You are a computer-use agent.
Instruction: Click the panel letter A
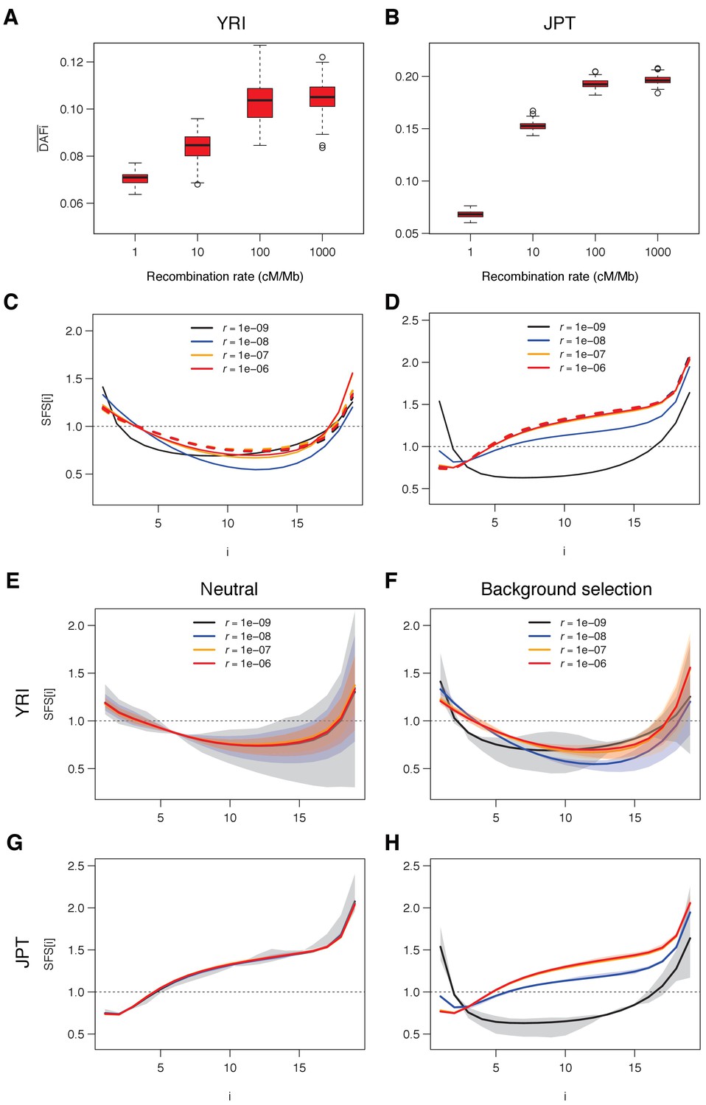(x=11, y=17)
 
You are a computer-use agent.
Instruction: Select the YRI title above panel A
(x=231, y=24)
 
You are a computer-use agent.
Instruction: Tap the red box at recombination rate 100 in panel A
(x=259, y=103)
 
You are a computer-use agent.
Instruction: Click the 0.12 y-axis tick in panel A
(x=71, y=62)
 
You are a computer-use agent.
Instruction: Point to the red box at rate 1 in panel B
(x=470, y=214)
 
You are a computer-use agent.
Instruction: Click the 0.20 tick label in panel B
(x=406, y=77)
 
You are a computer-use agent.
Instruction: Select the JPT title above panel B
(x=559, y=24)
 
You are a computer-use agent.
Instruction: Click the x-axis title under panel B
(x=559, y=276)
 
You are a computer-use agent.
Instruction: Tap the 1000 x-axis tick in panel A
(x=322, y=252)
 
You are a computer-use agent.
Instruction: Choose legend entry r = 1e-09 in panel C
(x=245, y=328)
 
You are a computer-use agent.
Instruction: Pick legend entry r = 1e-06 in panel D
(x=582, y=368)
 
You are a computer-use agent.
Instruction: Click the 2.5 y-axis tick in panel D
(x=410, y=320)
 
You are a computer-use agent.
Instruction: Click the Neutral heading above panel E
(x=229, y=589)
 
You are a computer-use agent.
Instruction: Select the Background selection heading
(x=566, y=589)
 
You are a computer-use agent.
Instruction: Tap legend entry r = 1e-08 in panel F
(x=583, y=636)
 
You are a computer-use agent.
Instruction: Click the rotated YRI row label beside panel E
(x=23, y=703)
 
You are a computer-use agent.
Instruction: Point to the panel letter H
(x=392, y=843)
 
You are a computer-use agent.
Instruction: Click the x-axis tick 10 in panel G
(x=230, y=1067)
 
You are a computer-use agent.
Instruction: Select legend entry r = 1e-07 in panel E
(x=248, y=650)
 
